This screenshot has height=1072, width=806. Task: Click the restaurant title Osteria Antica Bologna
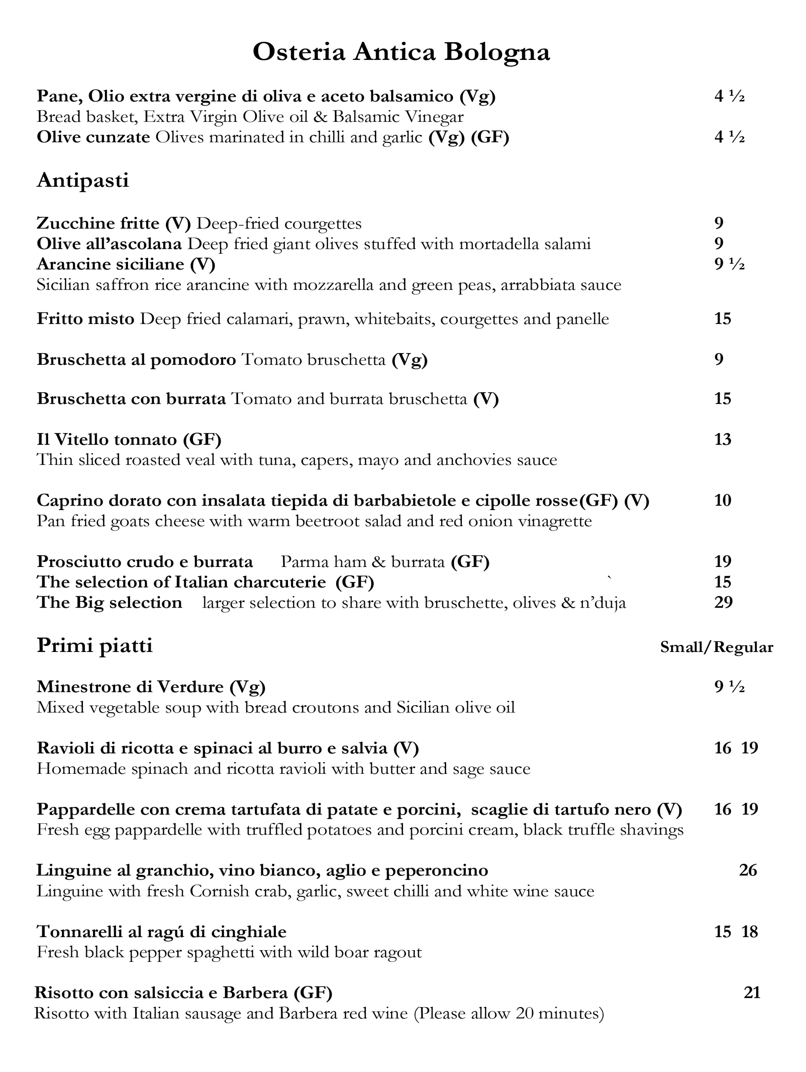(401, 52)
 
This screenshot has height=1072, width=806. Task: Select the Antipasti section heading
(83, 180)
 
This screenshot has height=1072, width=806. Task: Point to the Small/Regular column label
(716, 647)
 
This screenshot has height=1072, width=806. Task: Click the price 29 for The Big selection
(723, 603)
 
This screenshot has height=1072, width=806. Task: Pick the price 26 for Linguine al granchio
(748, 870)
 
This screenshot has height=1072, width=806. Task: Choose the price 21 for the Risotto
(752, 992)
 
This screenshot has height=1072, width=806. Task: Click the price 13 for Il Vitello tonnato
(723, 439)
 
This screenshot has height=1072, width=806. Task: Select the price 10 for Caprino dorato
(723, 500)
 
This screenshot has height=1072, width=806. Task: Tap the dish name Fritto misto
(85, 319)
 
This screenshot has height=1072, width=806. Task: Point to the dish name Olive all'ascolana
(109, 244)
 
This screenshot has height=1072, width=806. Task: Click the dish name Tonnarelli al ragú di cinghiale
(161, 931)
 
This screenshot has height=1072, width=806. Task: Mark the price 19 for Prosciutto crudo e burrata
(723, 562)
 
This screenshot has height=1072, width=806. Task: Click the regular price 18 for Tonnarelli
(750, 931)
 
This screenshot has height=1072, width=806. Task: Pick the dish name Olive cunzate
(93, 138)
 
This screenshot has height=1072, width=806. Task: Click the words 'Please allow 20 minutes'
(508, 1013)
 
